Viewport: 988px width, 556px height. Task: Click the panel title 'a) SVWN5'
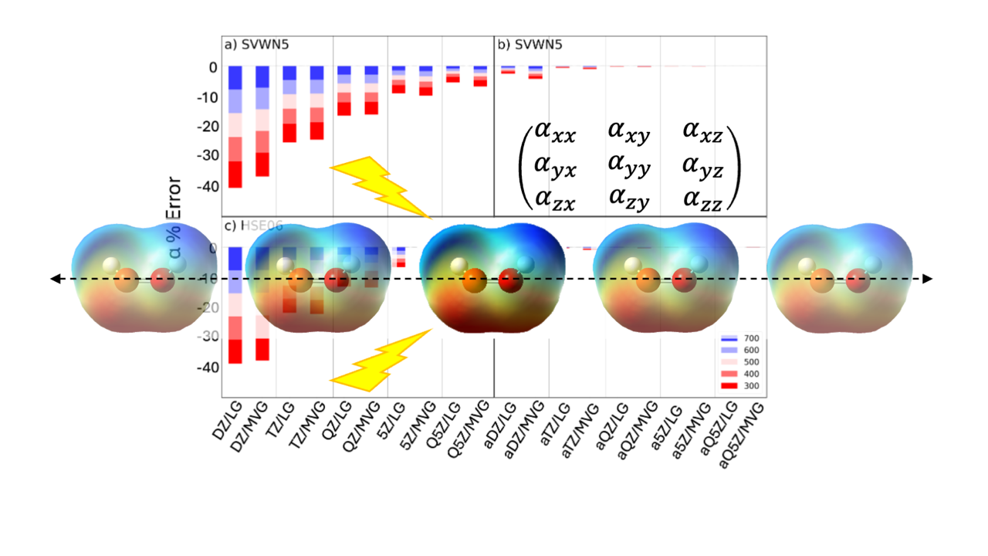tap(251, 44)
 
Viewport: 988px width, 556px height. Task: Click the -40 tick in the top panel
tap(202, 187)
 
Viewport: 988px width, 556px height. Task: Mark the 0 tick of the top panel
tap(210, 68)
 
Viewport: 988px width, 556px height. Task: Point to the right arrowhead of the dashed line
tap(928, 279)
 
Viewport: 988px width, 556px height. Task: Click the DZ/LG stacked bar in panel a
tap(235, 127)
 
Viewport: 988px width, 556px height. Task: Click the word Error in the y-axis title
tap(174, 199)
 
